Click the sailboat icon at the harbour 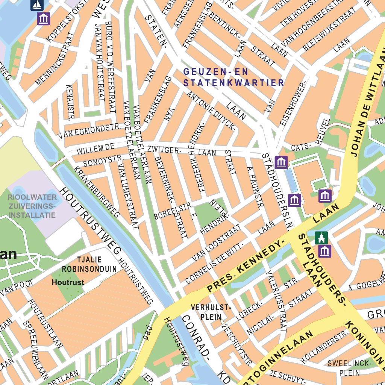37,5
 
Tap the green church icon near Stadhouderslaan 321,238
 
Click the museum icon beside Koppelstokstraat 44,18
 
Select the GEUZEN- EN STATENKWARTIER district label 233,77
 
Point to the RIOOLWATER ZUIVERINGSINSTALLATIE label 33,206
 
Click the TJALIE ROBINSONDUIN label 89,264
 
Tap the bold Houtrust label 68,282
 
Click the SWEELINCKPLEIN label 349,368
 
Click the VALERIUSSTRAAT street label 276,300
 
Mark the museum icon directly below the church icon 324,251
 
